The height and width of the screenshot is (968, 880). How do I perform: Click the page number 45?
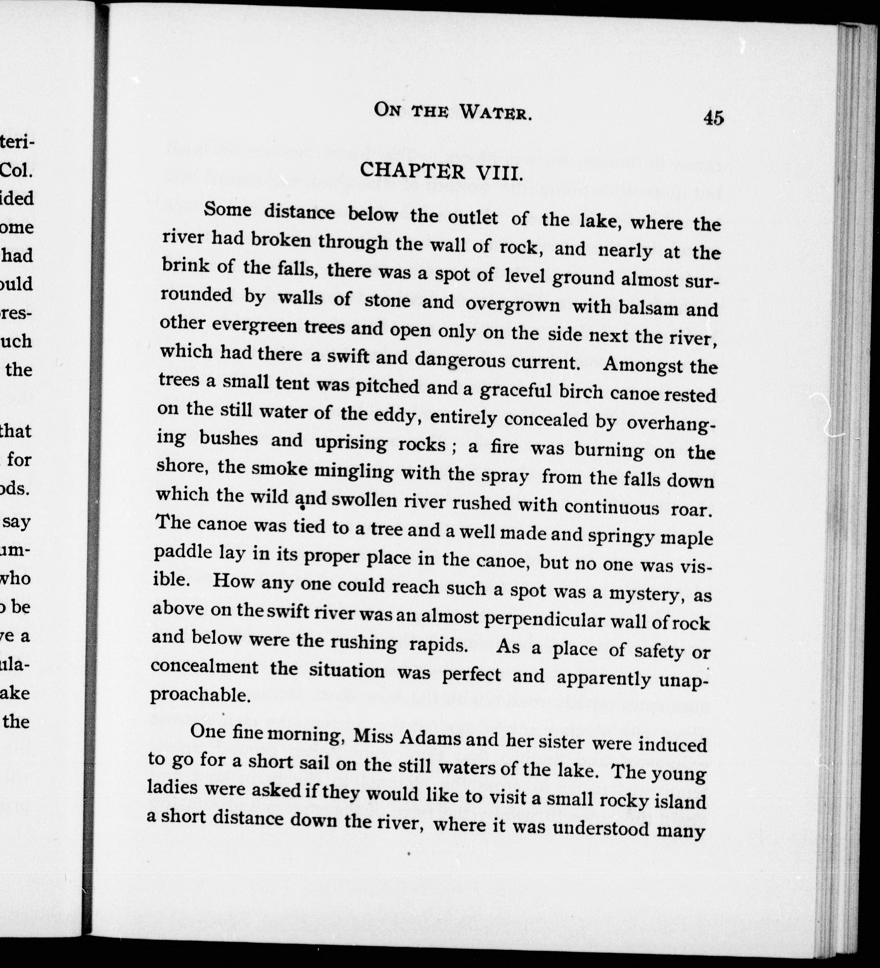pyautogui.click(x=713, y=117)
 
